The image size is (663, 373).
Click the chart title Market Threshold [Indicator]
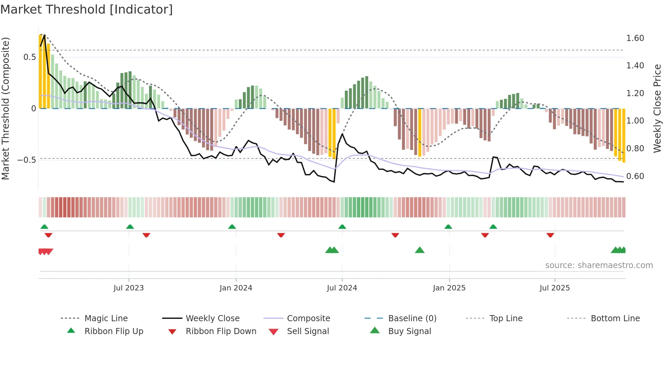87,9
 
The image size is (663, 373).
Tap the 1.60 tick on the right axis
635,38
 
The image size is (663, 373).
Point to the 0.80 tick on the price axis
635,149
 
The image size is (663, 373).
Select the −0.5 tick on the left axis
26,160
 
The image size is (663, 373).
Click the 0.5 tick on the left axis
29,57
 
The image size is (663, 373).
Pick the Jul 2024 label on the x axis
342,288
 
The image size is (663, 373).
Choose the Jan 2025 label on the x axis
449,288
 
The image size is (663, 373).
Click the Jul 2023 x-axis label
129,288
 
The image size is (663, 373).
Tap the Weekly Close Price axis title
657,108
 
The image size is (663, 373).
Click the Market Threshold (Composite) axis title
5,108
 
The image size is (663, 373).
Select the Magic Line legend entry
106,319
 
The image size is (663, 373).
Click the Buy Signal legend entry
409,331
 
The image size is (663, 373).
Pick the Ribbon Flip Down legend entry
221,331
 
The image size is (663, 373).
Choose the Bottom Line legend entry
615,319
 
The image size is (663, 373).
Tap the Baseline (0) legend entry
412,319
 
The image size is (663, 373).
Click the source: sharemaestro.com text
599,265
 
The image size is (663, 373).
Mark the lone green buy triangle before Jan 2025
419,250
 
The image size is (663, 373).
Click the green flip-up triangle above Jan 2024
232,227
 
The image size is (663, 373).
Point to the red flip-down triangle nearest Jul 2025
550,235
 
